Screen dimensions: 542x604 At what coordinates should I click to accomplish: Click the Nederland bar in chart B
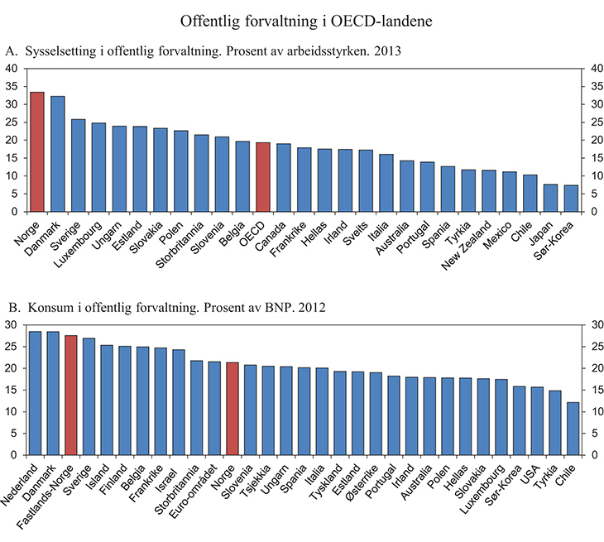pos(35,393)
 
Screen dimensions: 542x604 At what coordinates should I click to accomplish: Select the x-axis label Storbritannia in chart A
pos(183,244)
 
